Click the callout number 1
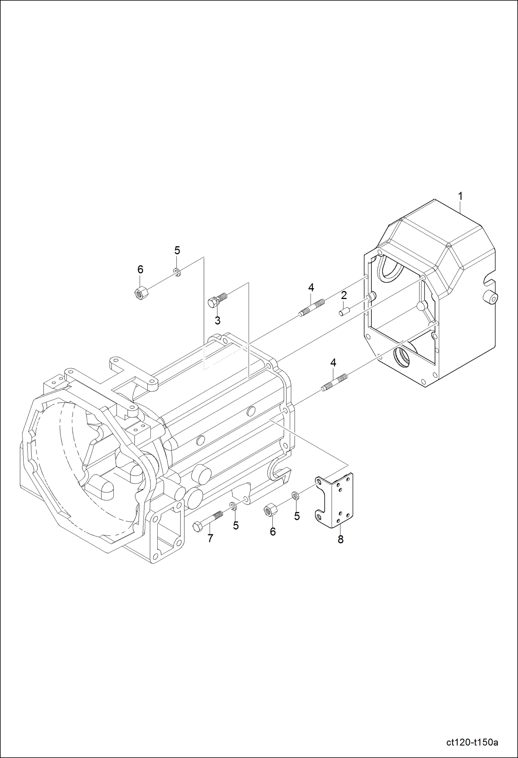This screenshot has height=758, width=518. tap(460, 196)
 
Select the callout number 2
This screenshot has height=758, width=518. tap(344, 295)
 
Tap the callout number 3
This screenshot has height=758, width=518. tap(218, 320)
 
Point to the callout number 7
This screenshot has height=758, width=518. tap(210, 538)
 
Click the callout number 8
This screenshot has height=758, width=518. tap(341, 539)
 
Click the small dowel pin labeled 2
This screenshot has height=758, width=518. tap(343, 312)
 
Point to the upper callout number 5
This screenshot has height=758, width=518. tap(177, 250)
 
